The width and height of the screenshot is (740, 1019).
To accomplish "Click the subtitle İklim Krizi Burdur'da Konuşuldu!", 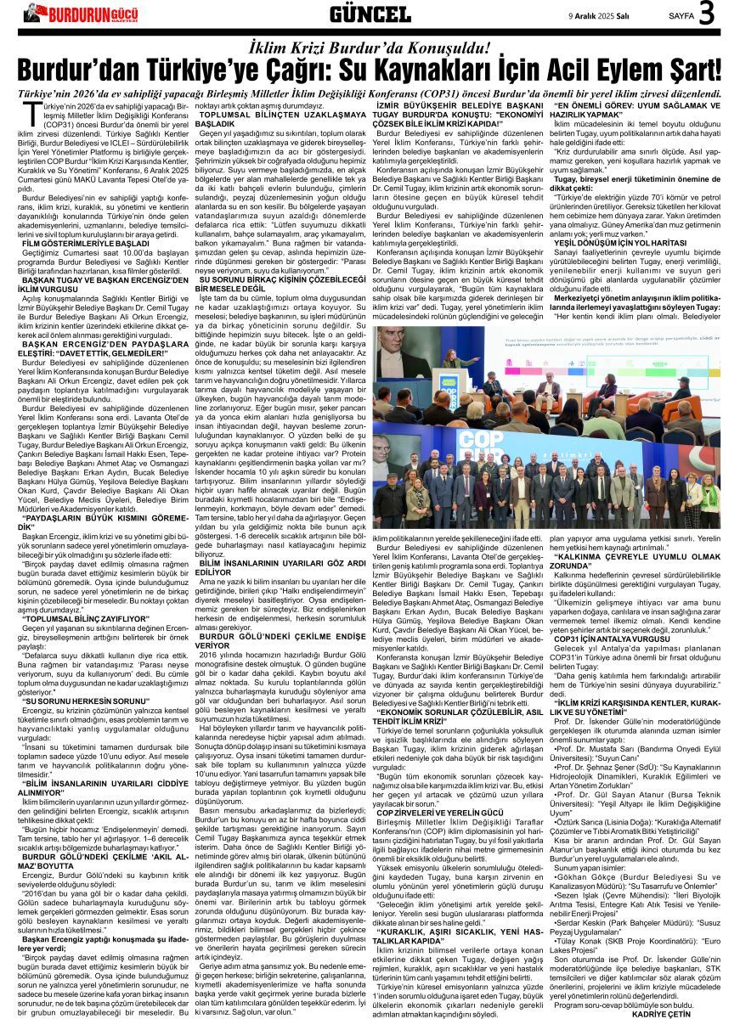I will (x=370, y=47).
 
